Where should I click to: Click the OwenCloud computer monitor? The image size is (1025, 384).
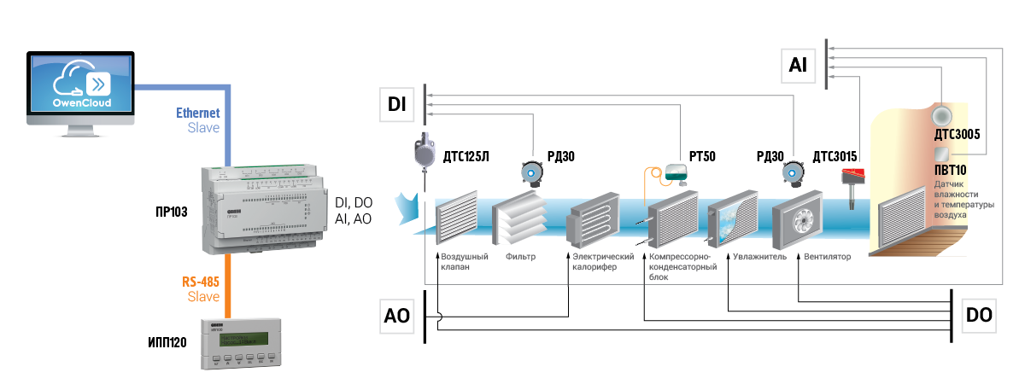point(81,85)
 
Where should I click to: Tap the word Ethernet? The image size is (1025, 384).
point(197,113)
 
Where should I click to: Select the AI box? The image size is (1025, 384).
point(799,64)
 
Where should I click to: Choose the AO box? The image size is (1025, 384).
point(397,317)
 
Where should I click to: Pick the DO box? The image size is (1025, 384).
point(979,315)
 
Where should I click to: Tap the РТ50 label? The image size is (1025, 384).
point(702,156)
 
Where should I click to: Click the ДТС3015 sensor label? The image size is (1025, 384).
point(835,156)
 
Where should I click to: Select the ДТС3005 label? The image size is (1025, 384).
point(957,135)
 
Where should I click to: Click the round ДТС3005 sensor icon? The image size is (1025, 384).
point(941,114)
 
